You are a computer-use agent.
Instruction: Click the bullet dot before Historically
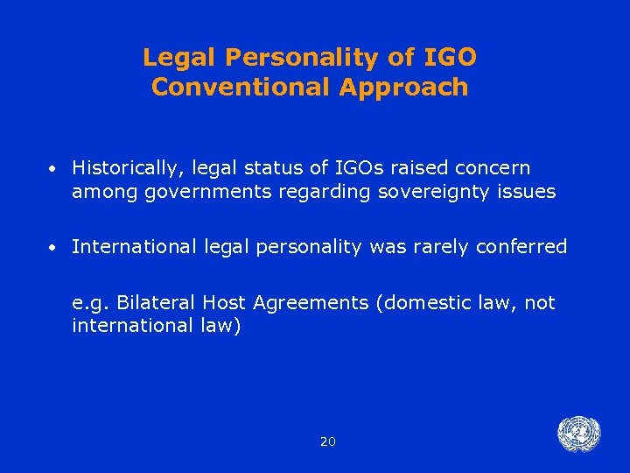click(x=54, y=168)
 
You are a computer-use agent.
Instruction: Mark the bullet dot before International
click(x=54, y=248)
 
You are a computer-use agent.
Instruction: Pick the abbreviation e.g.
click(x=91, y=304)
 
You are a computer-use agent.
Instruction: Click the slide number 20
click(x=327, y=441)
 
